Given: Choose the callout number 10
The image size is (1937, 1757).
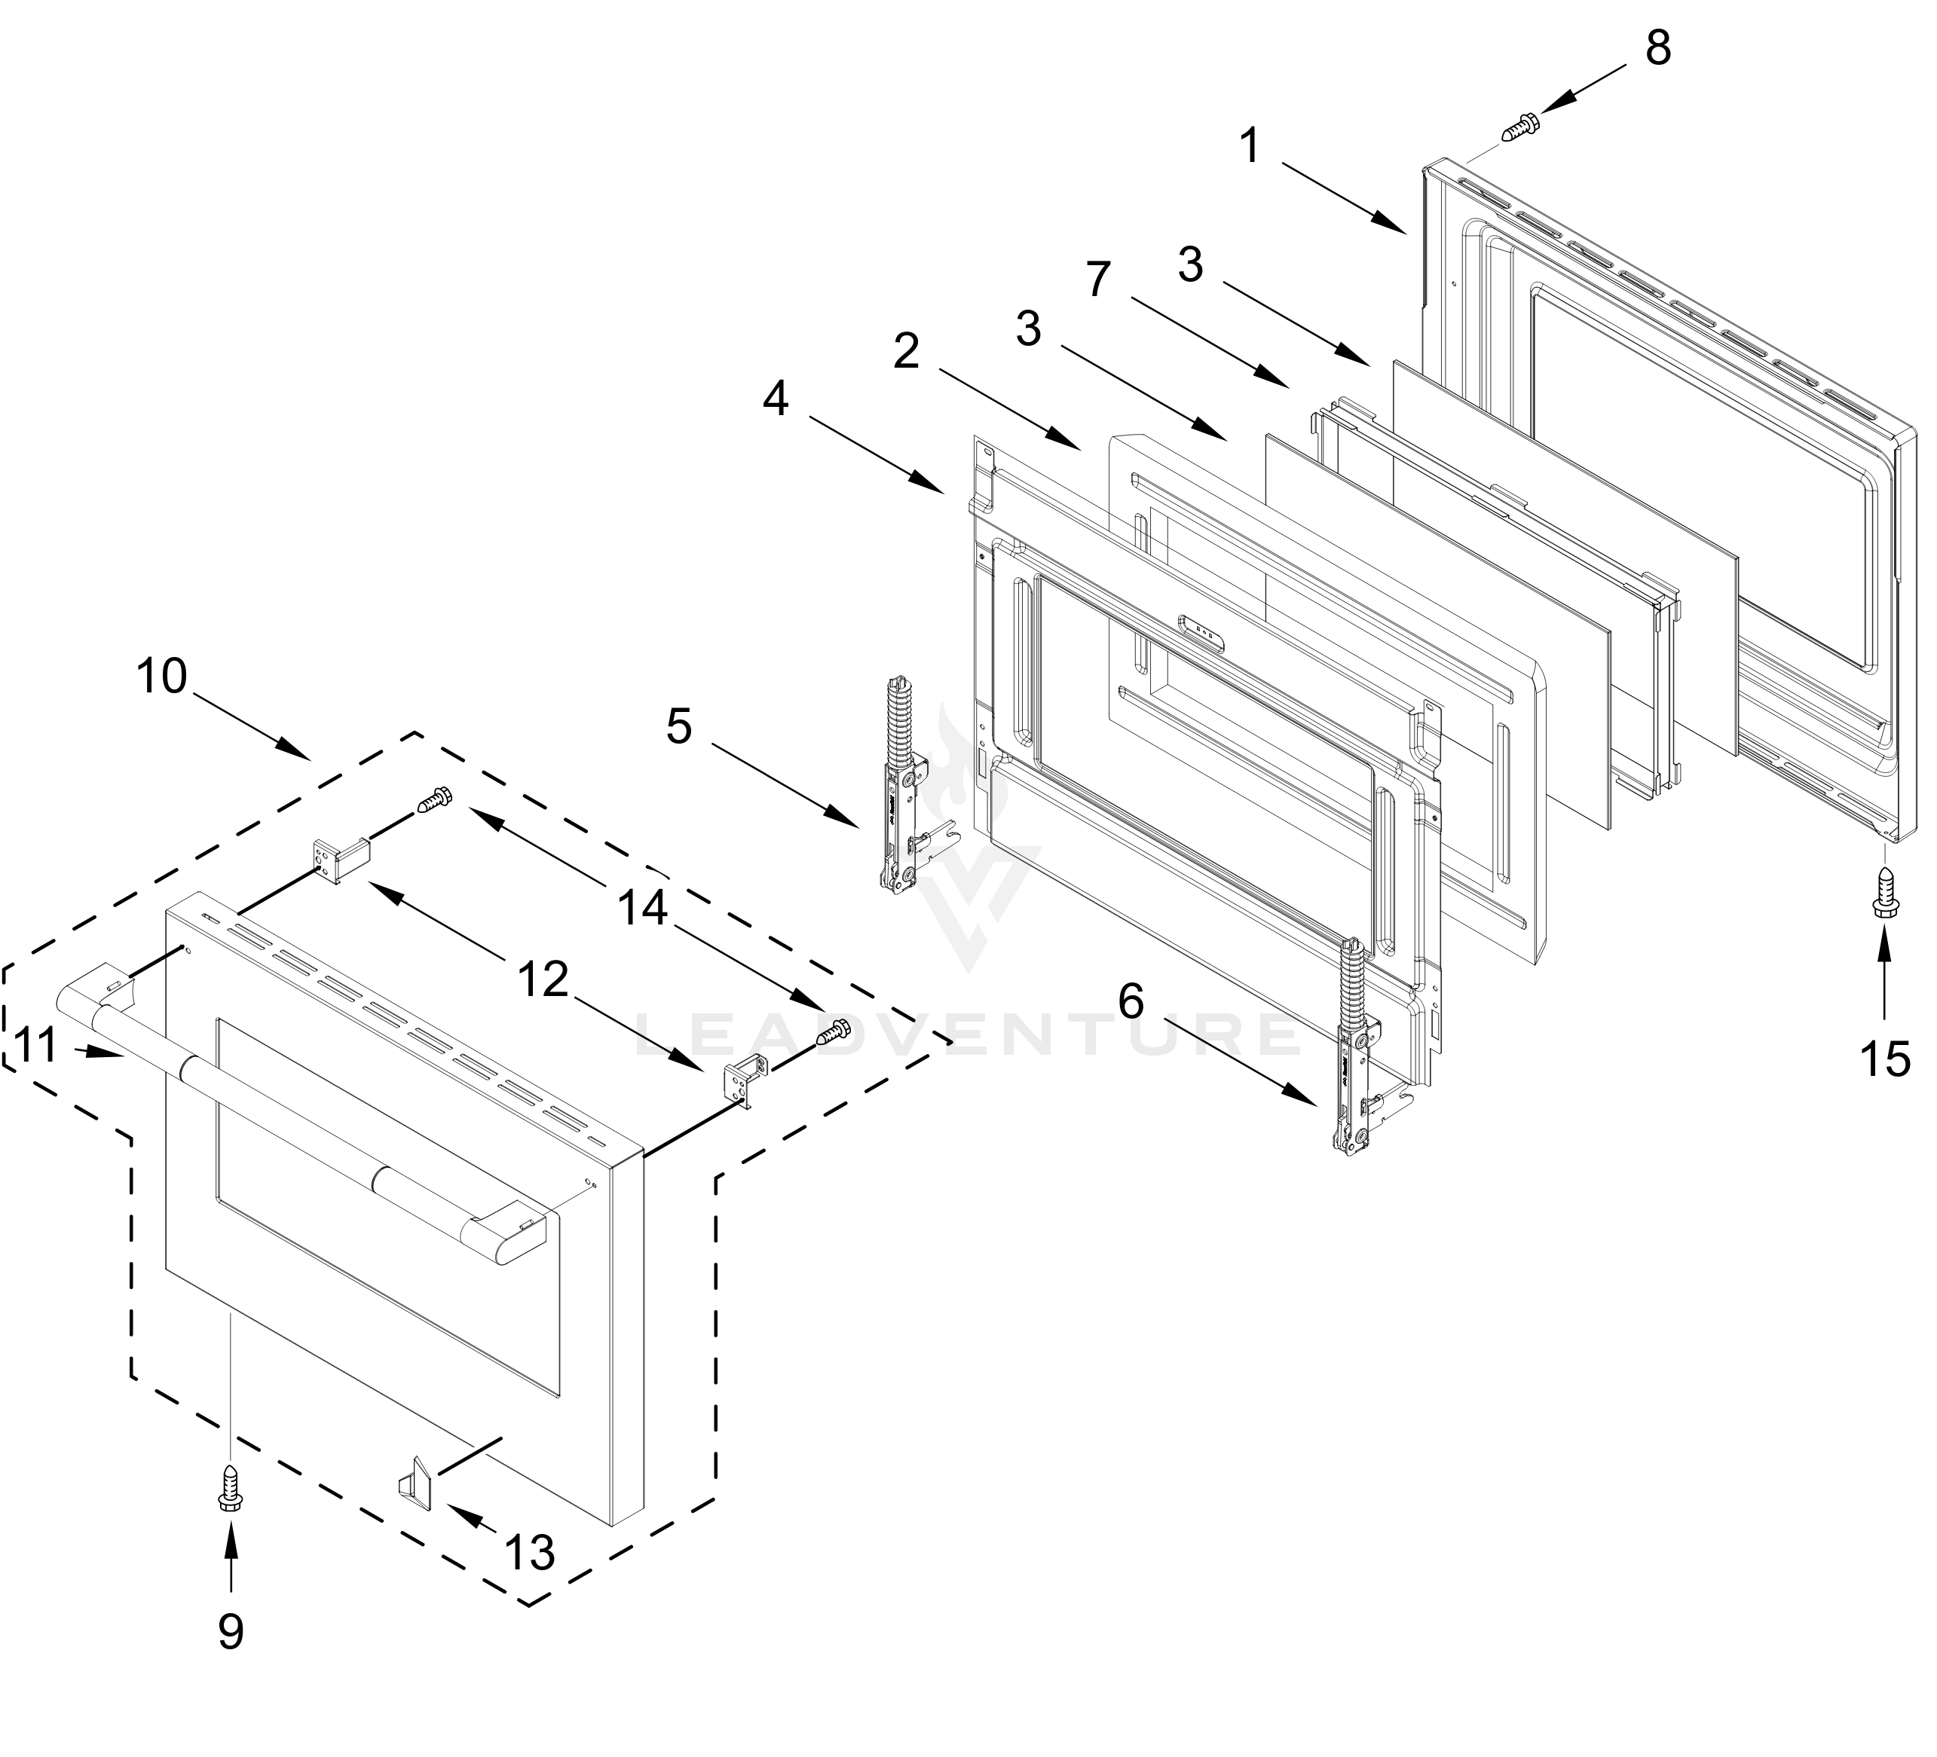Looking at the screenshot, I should [x=161, y=677].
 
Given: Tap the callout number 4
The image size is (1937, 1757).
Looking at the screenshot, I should [x=776, y=398].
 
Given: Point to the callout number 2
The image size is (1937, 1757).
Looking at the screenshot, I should [x=906, y=352].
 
